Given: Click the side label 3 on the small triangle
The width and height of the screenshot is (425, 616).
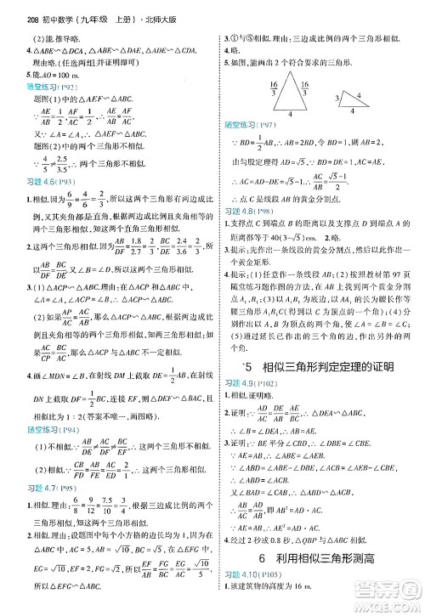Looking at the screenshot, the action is click(x=337, y=99).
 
